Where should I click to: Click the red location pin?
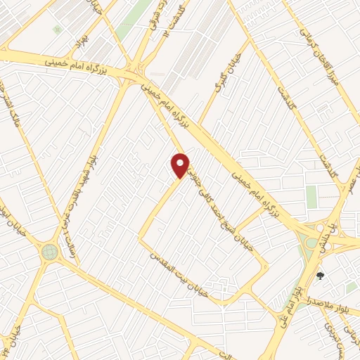(181, 165)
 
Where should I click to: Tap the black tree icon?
(322, 276)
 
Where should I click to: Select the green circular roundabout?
(49, 251)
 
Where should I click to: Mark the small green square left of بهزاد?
(56, 30)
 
